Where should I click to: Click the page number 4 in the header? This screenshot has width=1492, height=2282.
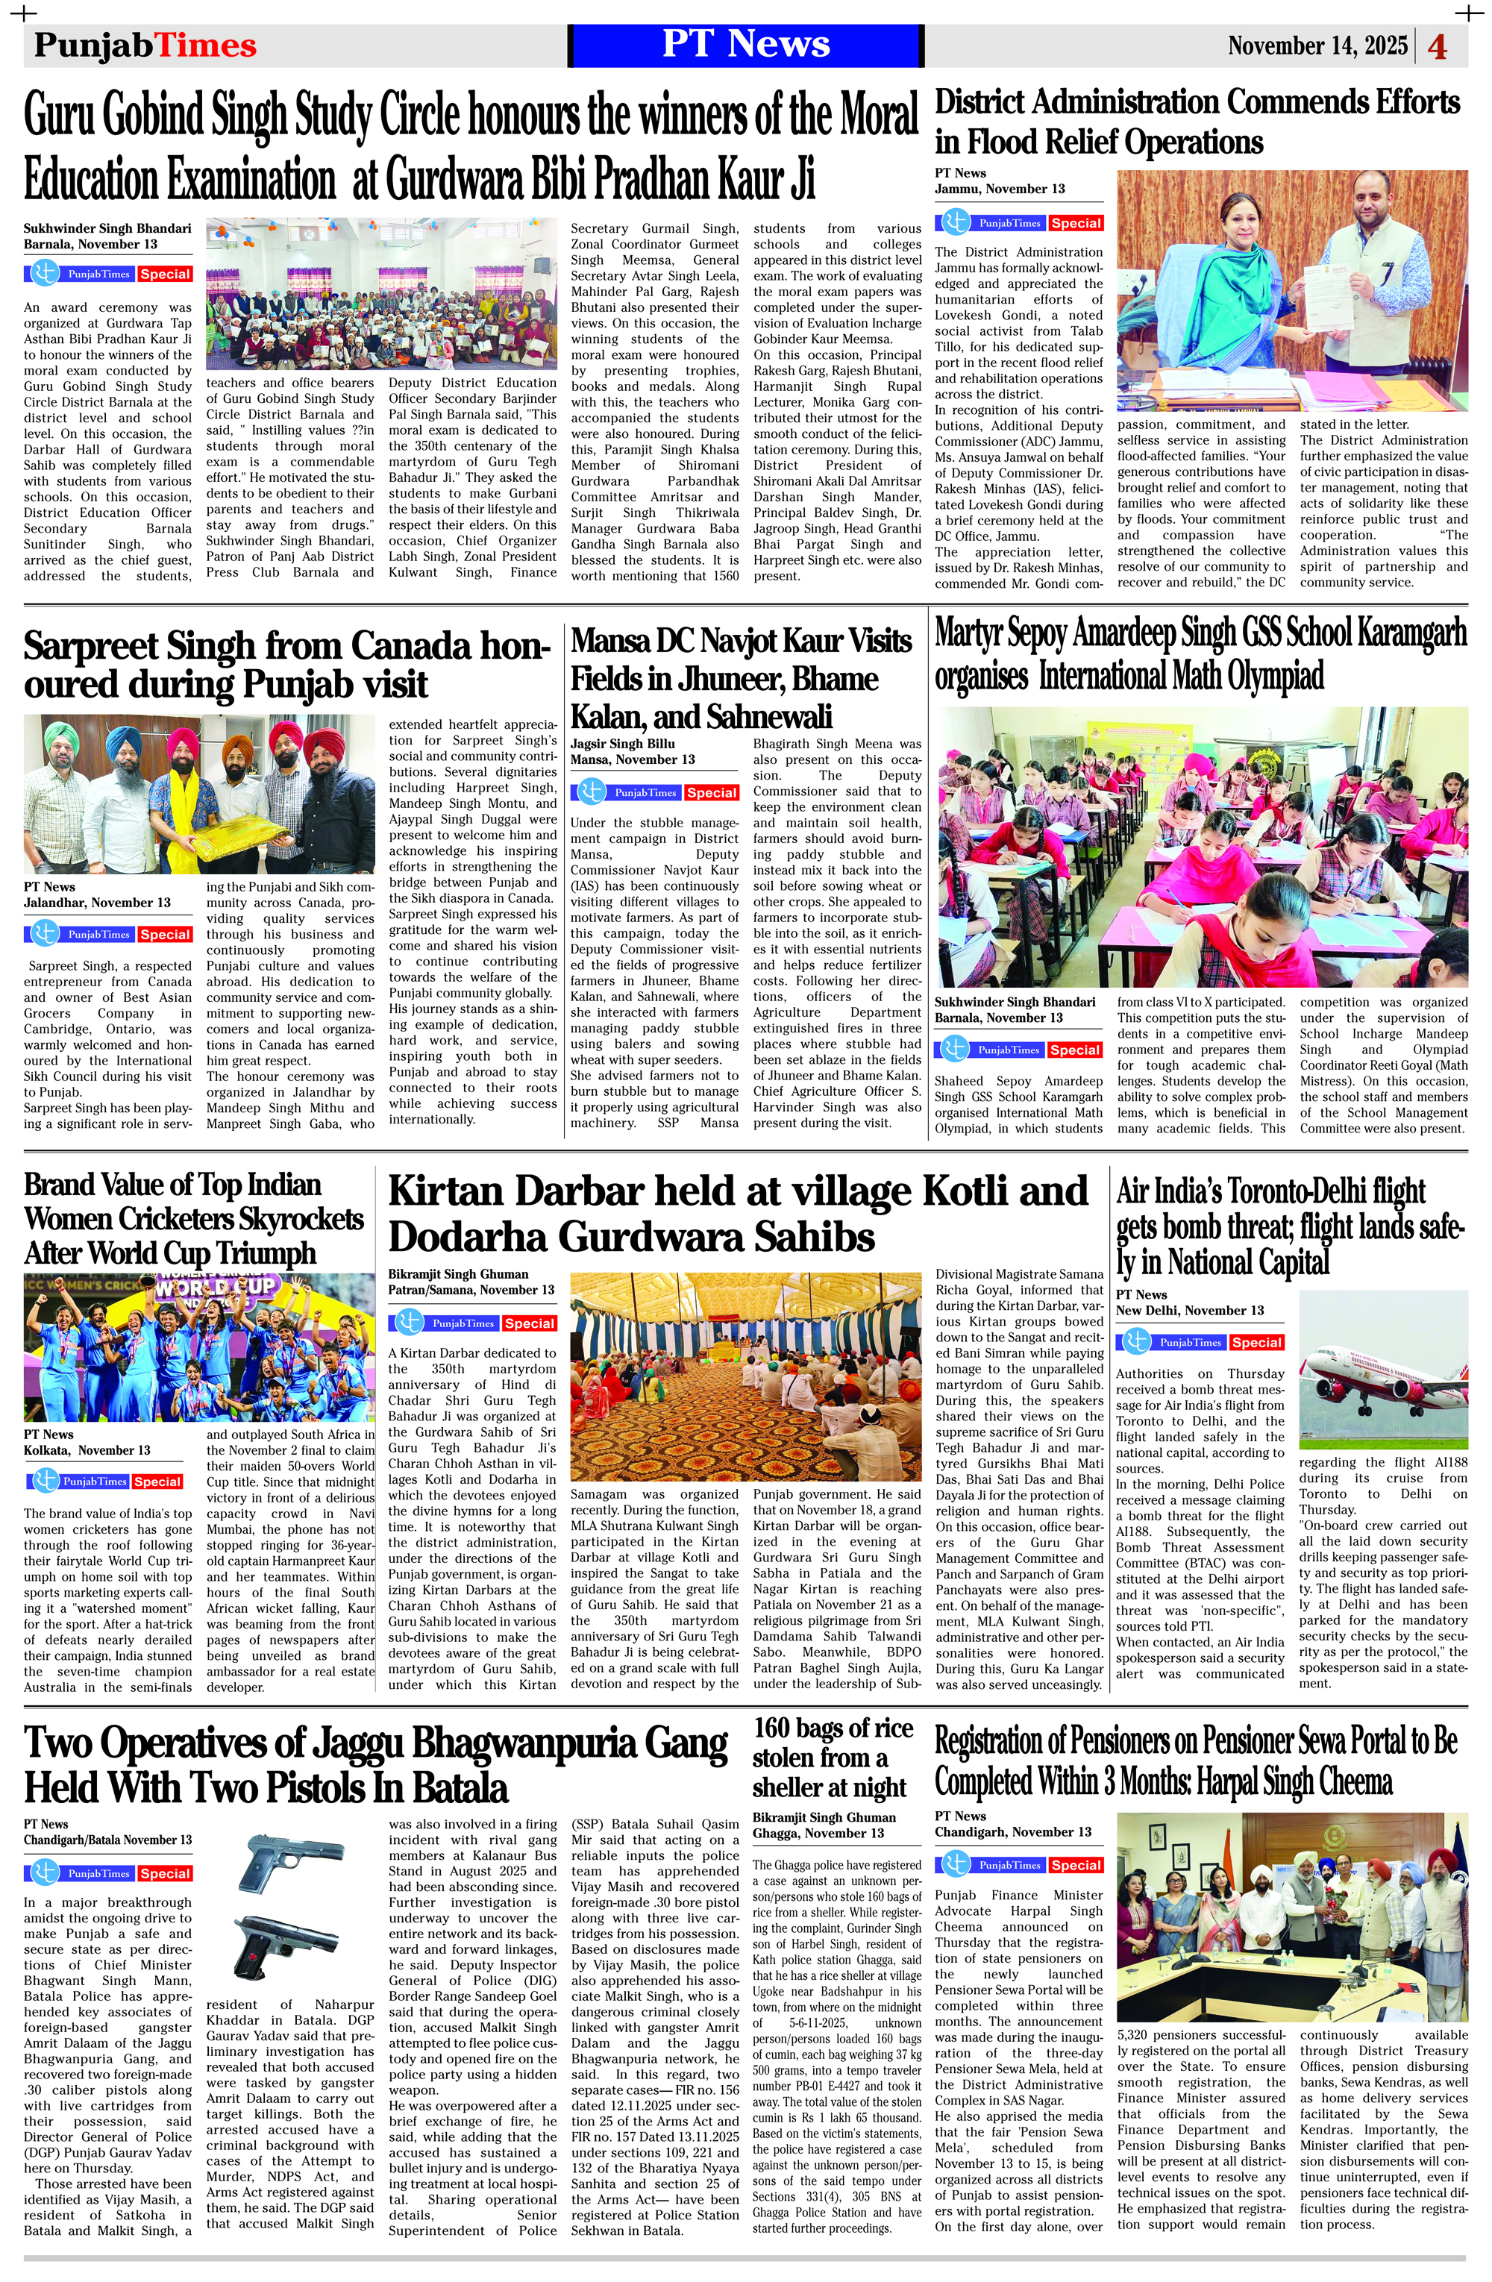[x=1436, y=47]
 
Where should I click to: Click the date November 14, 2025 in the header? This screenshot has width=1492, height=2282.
[x=1317, y=46]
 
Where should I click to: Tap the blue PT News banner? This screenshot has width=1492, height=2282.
[x=745, y=45]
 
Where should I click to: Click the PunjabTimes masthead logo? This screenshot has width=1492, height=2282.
[x=145, y=45]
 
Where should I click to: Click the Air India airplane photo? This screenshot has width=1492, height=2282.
[x=1382, y=1370]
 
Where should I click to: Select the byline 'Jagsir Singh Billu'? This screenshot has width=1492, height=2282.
[x=623, y=743]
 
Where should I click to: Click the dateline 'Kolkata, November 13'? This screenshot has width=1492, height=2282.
[x=87, y=1449]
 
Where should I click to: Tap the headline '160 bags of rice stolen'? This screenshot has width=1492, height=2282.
[x=833, y=1757]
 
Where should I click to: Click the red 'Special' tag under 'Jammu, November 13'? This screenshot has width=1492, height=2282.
[x=1075, y=223]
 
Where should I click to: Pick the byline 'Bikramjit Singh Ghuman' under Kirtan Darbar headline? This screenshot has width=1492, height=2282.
[x=458, y=1274]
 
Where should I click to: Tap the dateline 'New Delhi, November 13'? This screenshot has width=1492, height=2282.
[x=1190, y=1310]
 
